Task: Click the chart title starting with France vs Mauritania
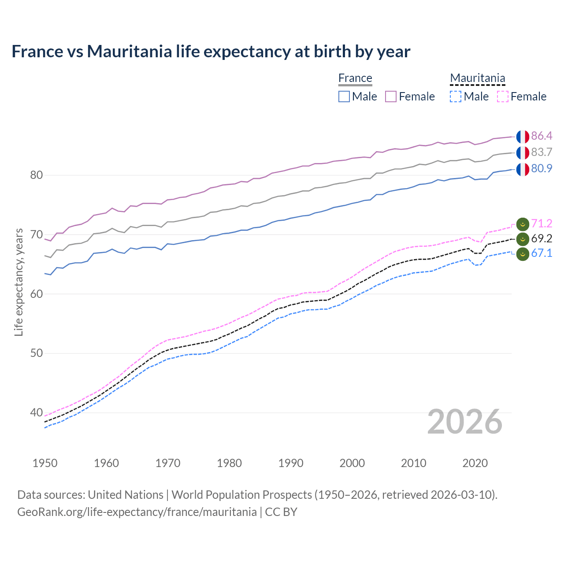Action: [x=211, y=52]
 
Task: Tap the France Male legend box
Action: [x=344, y=96]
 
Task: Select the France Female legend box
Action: [x=391, y=96]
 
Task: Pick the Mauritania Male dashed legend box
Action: [x=456, y=96]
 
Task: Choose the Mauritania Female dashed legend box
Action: [x=502, y=96]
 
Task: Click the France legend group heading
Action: [x=355, y=78]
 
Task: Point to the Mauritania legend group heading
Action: [x=477, y=78]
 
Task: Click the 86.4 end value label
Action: [x=542, y=136]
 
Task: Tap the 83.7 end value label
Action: [x=542, y=152]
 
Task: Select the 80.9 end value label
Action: [x=542, y=168]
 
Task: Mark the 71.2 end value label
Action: [x=542, y=223]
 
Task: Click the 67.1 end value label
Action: [x=542, y=253]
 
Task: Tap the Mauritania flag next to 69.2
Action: [x=523, y=239]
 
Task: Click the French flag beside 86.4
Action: [x=523, y=137]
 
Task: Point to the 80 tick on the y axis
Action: [x=37, y=175]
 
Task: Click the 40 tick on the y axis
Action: [x=37, y=413]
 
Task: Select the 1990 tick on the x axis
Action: [x=291, y=463]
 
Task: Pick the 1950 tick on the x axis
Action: [x=45, y=463]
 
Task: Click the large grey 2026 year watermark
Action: [x=465, y=422]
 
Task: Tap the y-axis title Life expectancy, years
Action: [x=19, y=282]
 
